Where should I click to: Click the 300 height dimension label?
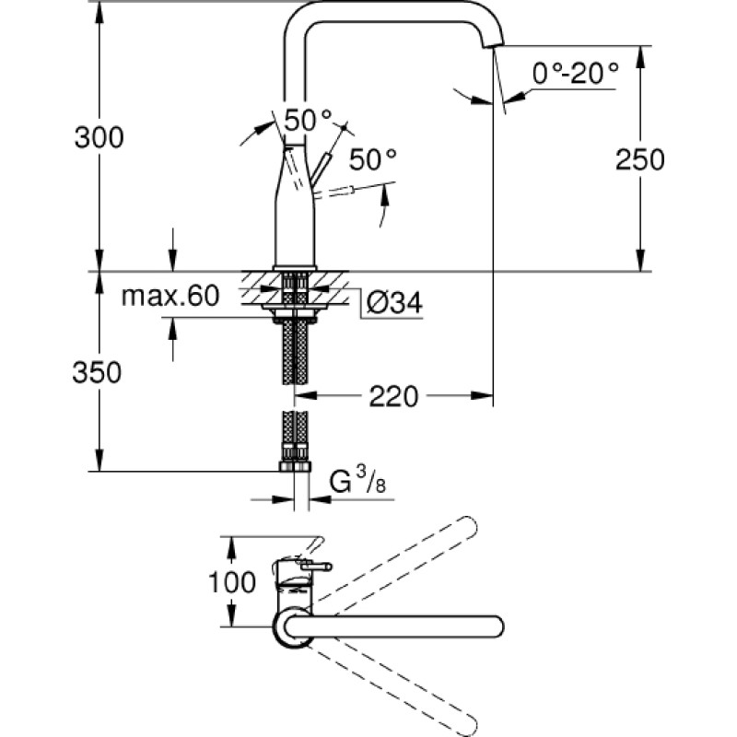coord(99,137)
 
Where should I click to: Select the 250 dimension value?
coord(639,159)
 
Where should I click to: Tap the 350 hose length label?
coord(97,372)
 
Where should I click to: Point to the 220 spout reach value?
coord(393,396)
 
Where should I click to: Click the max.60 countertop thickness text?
coord(170,296)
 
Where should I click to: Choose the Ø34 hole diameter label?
coord(394,302)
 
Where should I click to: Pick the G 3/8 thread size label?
coord(357,480)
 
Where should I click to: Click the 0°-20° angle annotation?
coord(575,73)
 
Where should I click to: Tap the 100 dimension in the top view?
coord(232,582)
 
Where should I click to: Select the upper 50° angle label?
coord(308,120)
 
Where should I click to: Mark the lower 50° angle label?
coord(373,159)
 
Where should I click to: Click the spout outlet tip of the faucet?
coord(493,45)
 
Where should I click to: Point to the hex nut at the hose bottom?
coord(295,466)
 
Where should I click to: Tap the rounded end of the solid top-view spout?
coord(497,626)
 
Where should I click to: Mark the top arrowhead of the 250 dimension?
coord(640,57)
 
